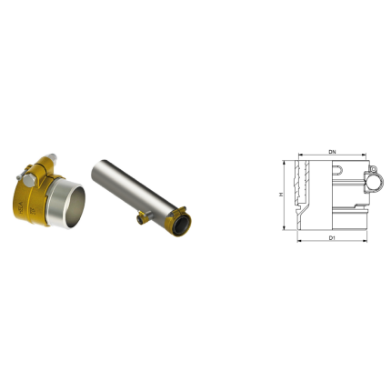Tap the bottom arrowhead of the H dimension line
click(288, 229)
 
